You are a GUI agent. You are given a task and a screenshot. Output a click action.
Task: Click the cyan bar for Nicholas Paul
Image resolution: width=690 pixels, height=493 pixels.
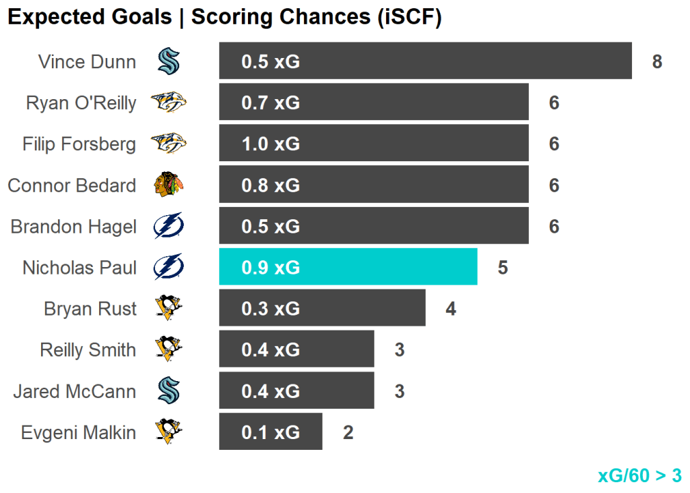348,267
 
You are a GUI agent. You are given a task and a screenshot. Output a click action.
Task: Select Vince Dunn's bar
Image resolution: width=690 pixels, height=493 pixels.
425,61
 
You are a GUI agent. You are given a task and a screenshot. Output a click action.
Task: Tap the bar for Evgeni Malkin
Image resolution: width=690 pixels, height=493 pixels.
270,432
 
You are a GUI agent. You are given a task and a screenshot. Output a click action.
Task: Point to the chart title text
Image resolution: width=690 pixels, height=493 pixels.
224,18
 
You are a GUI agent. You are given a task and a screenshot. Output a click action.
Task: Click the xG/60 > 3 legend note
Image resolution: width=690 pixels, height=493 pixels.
639,475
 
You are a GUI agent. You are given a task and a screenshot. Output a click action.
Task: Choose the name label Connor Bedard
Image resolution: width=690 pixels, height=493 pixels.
71,185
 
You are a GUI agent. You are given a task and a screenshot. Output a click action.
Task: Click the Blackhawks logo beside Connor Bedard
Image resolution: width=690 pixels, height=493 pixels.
168,185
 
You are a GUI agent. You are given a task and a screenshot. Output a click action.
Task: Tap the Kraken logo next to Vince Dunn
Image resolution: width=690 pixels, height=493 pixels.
168,61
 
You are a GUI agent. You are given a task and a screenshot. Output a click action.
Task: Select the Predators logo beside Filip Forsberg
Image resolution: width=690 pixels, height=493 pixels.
168,144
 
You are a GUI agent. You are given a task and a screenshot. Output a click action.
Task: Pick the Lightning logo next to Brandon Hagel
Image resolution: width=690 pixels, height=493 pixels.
168,226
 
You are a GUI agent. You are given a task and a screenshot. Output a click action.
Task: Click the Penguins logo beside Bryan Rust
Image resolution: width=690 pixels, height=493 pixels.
168,308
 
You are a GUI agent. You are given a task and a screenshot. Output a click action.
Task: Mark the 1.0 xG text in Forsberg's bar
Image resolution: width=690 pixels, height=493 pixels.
270,144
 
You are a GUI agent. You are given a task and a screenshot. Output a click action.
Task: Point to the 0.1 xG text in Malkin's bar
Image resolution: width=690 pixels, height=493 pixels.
270,432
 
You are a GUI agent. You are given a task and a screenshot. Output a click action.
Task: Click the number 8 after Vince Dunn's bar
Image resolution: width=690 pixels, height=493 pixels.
657,62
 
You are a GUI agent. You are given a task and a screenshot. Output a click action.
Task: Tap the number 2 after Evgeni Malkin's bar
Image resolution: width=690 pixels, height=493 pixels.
348,432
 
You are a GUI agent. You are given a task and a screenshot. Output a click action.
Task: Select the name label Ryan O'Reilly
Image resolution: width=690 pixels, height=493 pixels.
81,103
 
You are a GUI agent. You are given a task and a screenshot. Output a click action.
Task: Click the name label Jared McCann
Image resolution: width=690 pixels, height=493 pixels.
74,391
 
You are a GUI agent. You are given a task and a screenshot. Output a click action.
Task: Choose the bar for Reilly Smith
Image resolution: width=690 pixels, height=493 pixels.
296,349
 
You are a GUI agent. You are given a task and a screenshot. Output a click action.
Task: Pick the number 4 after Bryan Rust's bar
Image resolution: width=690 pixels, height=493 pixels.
451,309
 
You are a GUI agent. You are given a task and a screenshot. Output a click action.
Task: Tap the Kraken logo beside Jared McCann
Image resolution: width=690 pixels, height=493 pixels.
168,390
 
